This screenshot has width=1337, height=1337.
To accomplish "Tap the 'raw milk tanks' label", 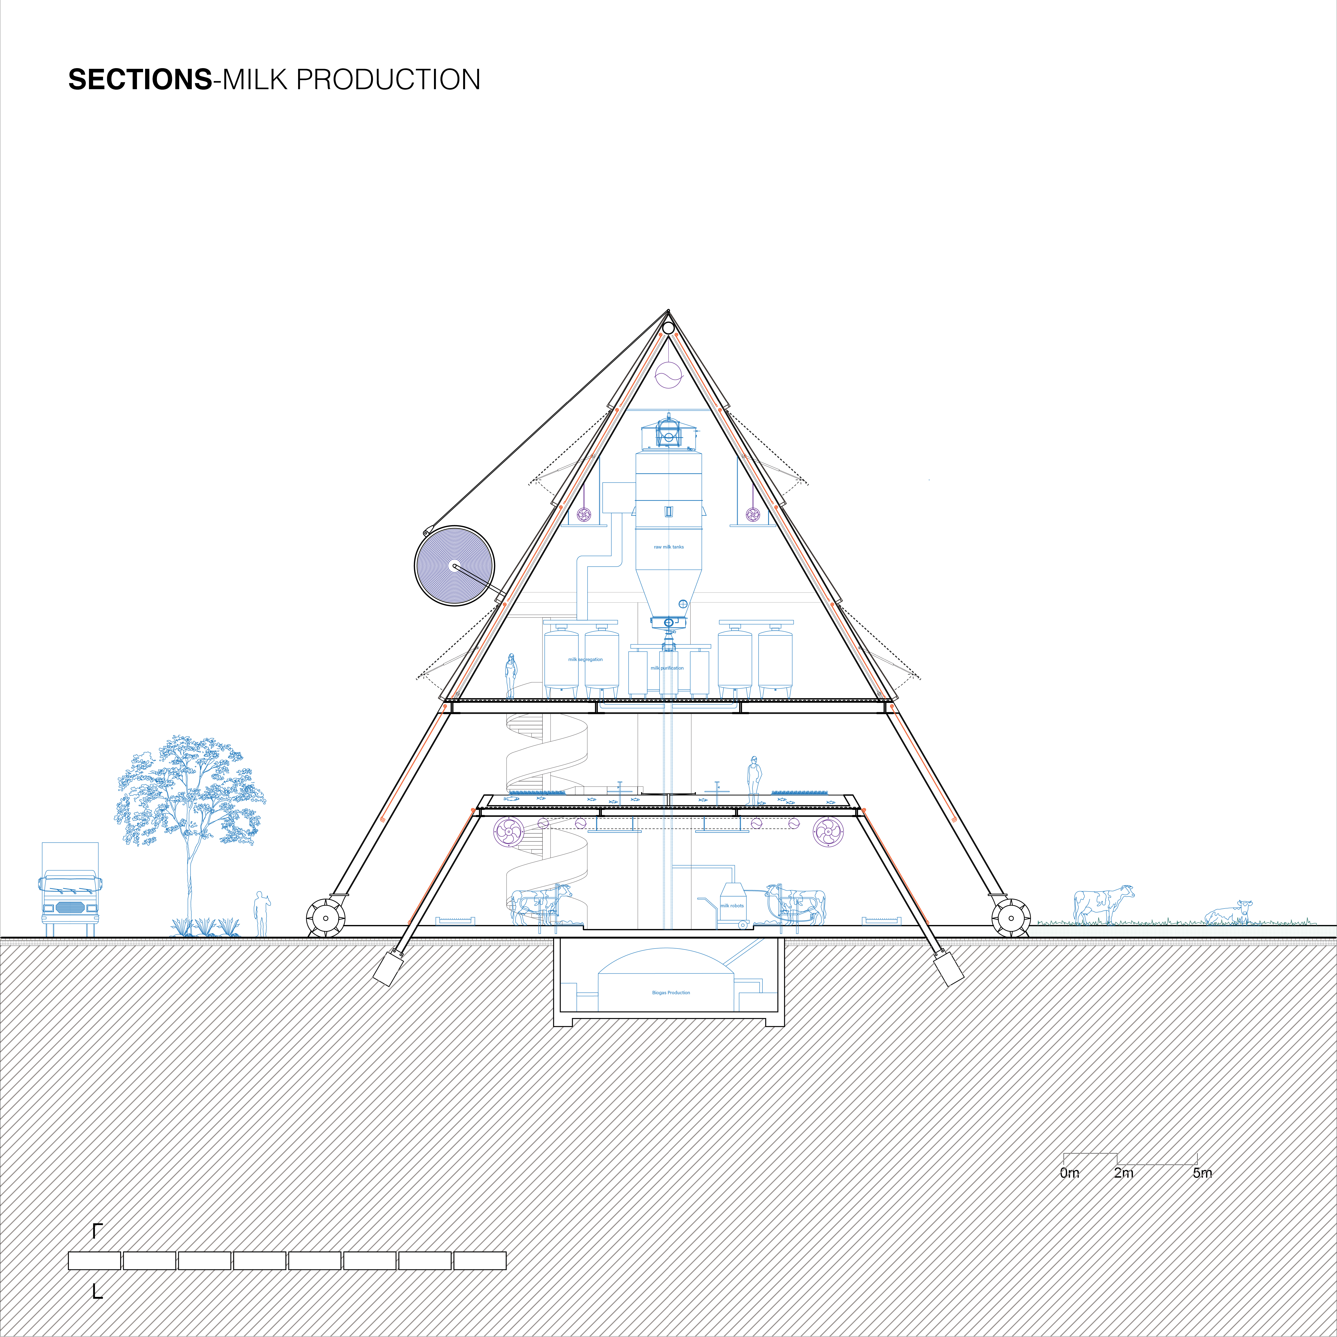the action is [x=668, y=547].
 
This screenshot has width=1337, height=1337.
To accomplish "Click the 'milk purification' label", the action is [x=667, y=668].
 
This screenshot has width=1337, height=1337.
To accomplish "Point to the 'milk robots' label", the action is [x=732, y=905].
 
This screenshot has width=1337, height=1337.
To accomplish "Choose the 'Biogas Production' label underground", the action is [x=671, y=992].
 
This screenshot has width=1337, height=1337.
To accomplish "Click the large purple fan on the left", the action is [x=509, y=831].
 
